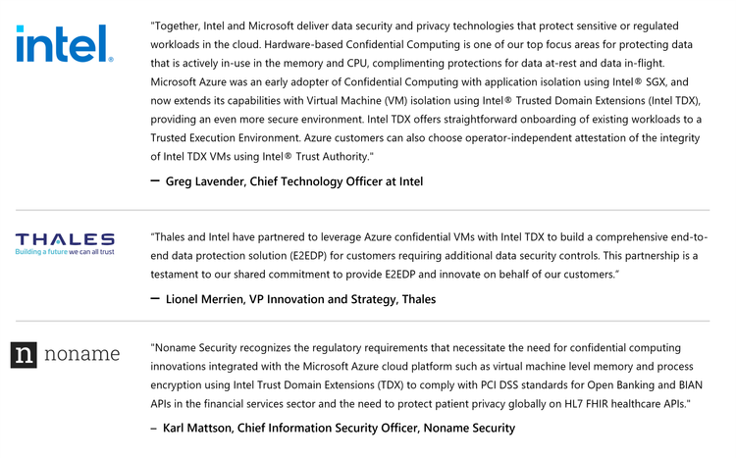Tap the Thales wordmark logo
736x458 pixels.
coord(65,239)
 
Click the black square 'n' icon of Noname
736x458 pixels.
coord(26,355)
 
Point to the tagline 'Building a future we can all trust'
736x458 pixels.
coord(65,252)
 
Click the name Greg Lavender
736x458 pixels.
coord(205,181)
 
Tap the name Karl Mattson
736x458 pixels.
coord(200,428)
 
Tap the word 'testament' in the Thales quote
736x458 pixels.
coord(180,275)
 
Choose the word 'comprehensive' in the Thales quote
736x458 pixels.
coord(640,237)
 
